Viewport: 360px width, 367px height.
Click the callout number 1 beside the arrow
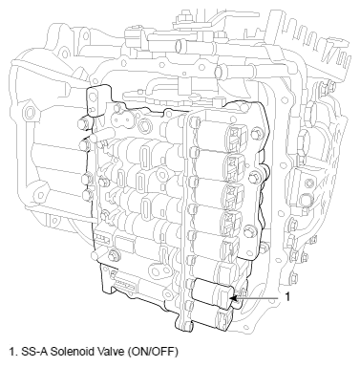(x=287, y=297)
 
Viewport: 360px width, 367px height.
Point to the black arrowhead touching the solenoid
(x=233, y=298)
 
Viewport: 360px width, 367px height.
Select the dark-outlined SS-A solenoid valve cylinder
(x=214, y=293)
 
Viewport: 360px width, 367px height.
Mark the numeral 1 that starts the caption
(x=11, y=352)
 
